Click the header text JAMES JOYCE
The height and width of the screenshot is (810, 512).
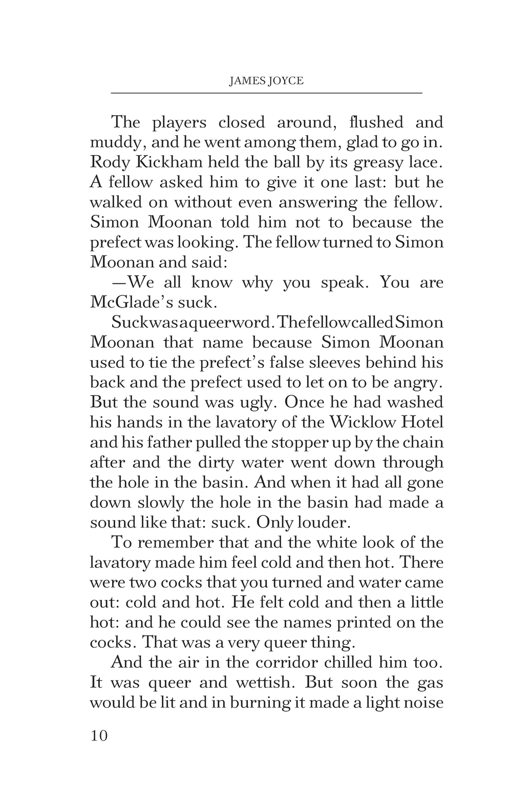click(266, 81)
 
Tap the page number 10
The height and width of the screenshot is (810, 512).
click(99, 736)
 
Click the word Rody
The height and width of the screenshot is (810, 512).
click(104, 163)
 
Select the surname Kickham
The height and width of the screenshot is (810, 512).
click(154, 162)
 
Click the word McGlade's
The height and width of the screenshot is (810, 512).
click(129, 302)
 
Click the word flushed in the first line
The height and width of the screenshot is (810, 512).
click(376, 122)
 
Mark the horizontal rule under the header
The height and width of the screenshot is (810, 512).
click(266, 93)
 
